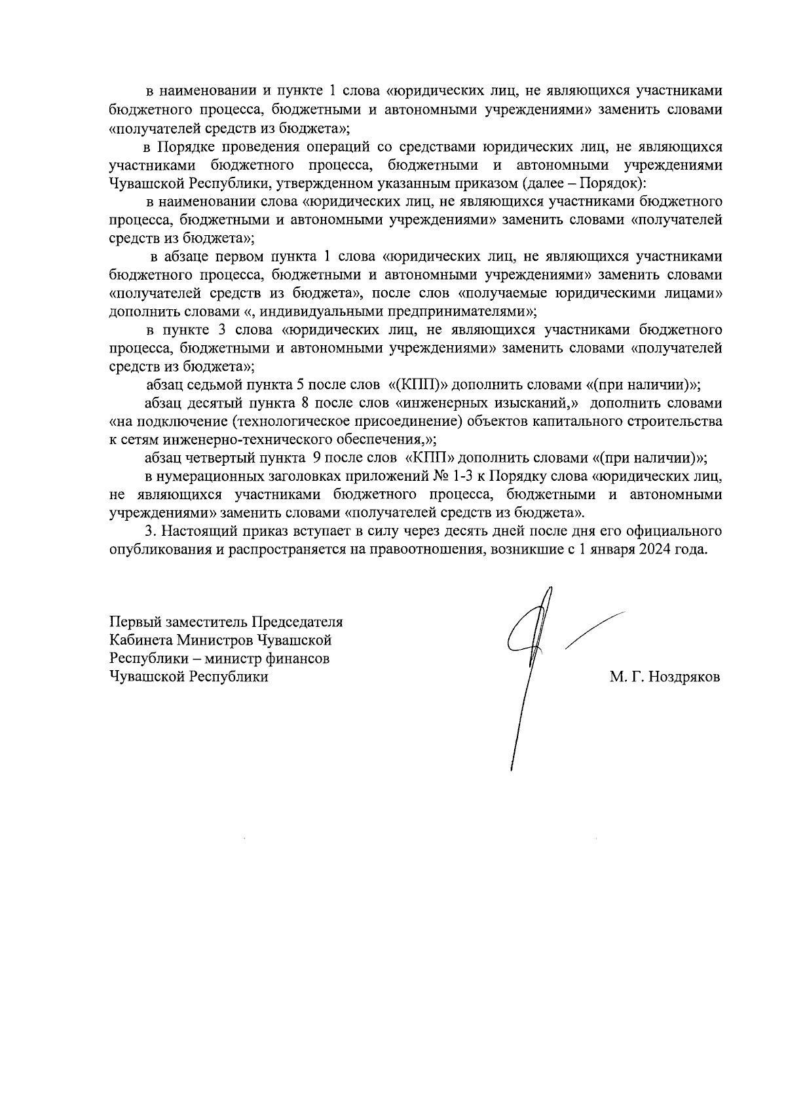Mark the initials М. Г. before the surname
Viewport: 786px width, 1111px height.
tap(624, 677)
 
